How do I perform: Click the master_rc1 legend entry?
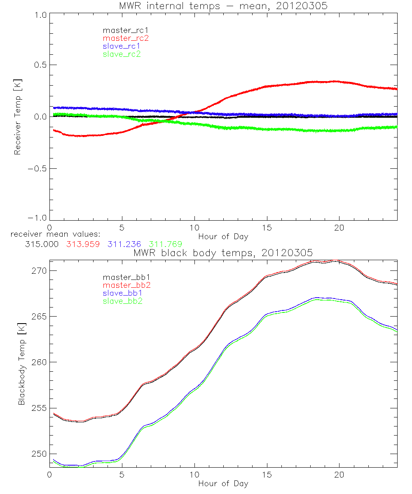coord(122,30)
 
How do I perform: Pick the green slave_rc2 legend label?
coord(122,54)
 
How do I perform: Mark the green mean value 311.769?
coord(165,244)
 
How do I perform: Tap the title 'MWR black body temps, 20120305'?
coord(223,252)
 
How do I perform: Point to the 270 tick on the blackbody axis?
coord(38,271)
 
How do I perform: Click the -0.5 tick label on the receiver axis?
coord(37,169)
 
